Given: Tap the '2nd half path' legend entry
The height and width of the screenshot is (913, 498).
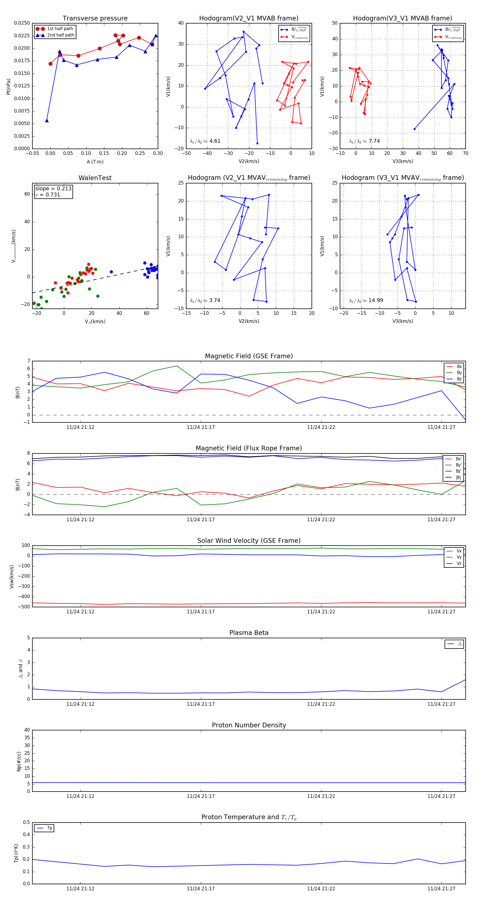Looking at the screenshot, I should (61, 35).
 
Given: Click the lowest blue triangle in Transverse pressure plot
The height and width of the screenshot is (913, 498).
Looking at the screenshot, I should (47, 121).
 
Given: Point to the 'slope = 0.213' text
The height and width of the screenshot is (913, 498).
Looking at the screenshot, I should (53, 189).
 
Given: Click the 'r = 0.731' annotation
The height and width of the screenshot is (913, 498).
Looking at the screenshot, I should (48, 194).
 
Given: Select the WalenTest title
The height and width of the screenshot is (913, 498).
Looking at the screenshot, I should (95, 178).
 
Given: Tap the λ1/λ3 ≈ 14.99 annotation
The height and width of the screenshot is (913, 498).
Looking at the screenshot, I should (366, 300).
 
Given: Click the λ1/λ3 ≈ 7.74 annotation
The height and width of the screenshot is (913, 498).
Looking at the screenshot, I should (364, 141).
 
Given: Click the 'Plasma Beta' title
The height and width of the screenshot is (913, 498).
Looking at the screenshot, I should (249, 633).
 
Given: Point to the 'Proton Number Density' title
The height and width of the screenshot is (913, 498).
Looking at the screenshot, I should (249, 725).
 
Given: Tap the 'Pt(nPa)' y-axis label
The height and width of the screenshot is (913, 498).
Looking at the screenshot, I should (9, 87).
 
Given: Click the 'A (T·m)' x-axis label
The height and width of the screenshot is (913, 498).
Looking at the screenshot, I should (95, 162).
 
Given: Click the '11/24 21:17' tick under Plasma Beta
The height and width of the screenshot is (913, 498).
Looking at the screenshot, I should (201, 704).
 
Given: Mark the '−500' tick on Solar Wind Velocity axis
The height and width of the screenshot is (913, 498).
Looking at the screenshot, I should (24, 607).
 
